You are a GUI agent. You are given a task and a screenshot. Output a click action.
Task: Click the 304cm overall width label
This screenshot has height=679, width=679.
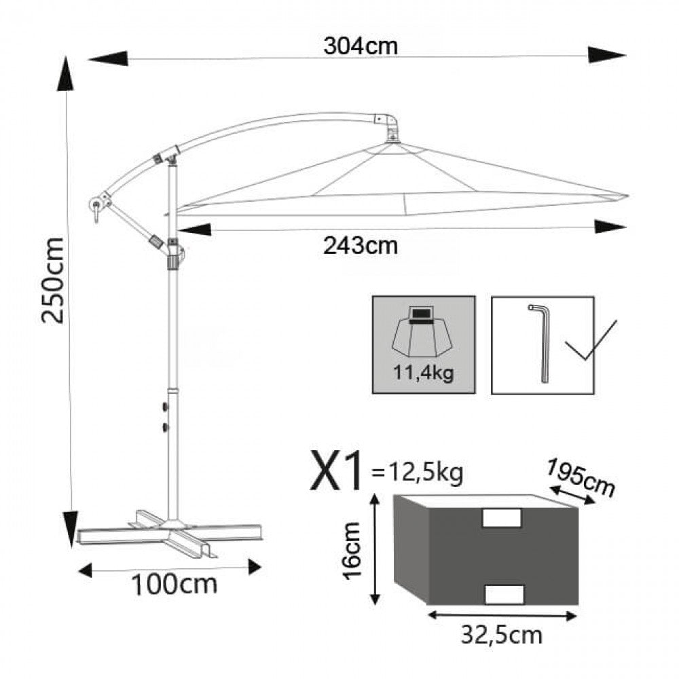click(360, 46)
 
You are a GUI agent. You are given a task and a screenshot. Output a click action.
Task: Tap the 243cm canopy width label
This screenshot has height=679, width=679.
click(361, 244)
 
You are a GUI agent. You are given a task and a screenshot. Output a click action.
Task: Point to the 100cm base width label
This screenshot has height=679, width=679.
click(175, 584)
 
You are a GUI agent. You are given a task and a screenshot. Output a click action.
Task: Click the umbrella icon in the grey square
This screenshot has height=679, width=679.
click(423, 333)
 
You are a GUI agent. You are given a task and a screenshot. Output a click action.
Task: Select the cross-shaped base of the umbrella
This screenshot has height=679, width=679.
click(170, 533)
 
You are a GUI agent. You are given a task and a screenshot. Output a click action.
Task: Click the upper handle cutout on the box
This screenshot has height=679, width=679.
click(501, 518)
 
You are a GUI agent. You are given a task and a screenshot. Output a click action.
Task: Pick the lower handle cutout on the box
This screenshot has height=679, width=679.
click(504, 593)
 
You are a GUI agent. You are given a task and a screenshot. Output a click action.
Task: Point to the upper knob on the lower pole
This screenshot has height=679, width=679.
click(165, 407)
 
